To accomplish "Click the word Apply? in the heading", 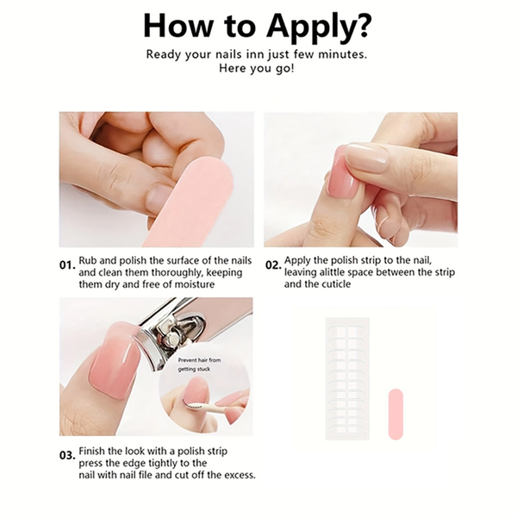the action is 319,28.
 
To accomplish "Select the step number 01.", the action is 67,265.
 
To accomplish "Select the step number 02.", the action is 273,265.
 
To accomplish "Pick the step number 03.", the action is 67,455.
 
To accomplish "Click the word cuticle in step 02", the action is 333,283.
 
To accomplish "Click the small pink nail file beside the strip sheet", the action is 396,414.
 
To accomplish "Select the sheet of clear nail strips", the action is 347,378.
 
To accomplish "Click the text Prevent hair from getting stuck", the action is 200,364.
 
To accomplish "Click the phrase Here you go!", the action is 256,68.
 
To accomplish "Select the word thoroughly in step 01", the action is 178,272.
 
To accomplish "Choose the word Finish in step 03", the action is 92,451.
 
